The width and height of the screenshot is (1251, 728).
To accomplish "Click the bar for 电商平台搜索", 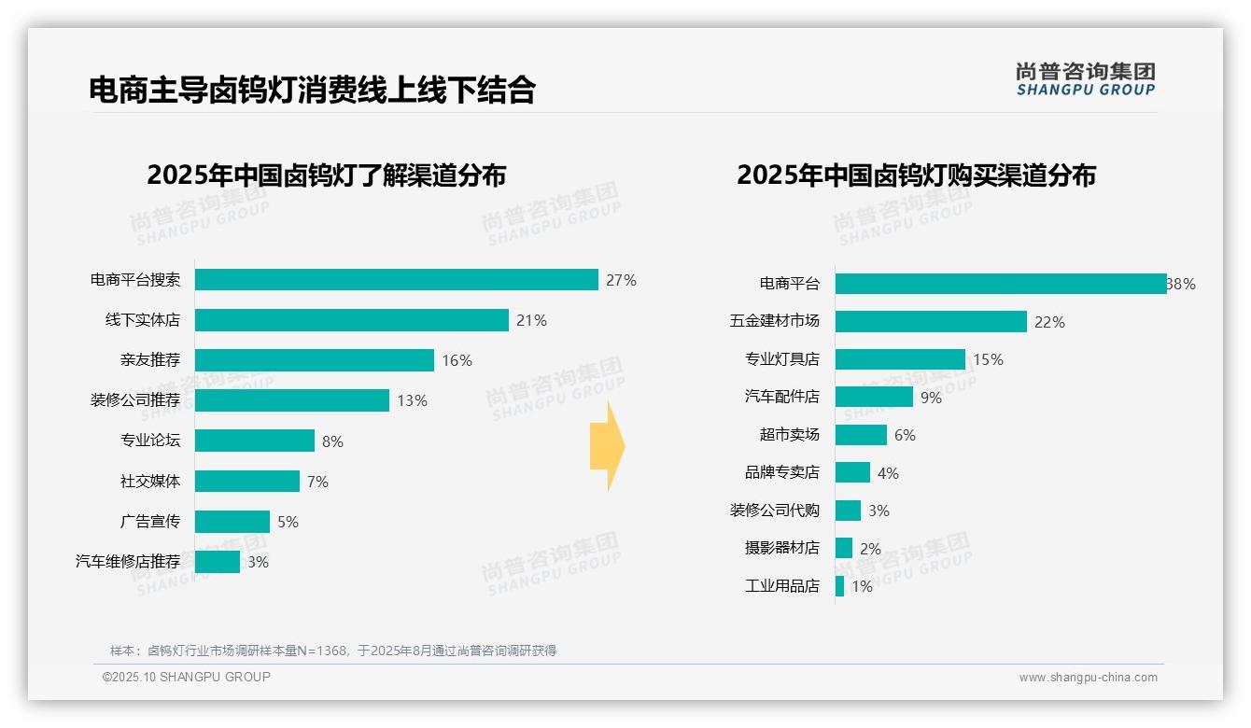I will coord(396,280).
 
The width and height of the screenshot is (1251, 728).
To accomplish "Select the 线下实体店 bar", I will coord(351,320).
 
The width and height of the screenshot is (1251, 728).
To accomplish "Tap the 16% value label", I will coord(457,360).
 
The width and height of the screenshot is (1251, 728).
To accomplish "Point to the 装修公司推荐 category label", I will coord(135,400).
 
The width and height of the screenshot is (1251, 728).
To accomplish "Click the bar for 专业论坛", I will coord(254,441).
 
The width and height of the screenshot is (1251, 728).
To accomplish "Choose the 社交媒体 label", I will coord(150,482).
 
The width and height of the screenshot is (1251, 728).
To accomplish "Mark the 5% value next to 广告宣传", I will coord(288,522).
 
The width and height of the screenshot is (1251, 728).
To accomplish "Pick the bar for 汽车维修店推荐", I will coord(217,562).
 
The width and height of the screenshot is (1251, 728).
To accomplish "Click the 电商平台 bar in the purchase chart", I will coord(1000,284).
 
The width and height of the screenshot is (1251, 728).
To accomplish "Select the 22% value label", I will coord(1049,322).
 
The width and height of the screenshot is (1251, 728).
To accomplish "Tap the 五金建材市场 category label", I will coord(775,321).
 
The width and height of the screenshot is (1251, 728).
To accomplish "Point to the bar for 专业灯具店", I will coord(900,359).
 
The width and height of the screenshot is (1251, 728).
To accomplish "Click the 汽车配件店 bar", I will coord(874,397).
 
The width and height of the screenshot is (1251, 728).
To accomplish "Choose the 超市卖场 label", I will coord(790,435).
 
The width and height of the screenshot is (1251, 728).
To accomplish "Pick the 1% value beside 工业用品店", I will coord(862,587).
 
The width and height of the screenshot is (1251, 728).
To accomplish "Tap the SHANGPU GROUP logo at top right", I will coord(1085,79).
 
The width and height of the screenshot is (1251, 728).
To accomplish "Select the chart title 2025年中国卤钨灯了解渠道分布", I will coord(326,175).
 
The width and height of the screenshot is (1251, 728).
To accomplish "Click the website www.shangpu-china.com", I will coord(1088,678).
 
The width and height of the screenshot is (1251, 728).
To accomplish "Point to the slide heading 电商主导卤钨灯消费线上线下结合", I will coord(312,90).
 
